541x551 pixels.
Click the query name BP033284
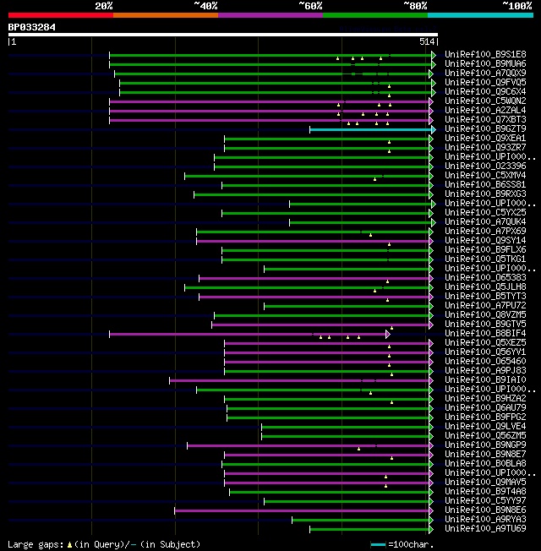point(31,27)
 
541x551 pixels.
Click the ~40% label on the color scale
point(205,5)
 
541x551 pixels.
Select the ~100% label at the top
point(516,5)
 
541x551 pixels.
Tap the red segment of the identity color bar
point(60,15)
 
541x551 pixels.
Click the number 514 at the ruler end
point(426,41)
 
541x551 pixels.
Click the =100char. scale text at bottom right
point(414,544)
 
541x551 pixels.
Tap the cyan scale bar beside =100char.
point(378,544)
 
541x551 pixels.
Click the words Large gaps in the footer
point(35,544)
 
